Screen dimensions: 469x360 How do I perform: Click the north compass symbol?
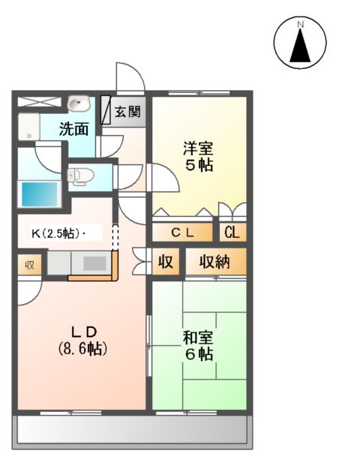(x=300, y=43)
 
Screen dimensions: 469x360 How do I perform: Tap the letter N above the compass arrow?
(x=300, y=26)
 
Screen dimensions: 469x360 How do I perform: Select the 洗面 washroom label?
(x=75, y=128)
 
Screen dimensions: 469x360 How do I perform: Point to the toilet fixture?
(x=79, y=176)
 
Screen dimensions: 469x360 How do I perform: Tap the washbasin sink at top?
(x=78, y=103)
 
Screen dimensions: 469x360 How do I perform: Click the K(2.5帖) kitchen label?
(x=52, y=233)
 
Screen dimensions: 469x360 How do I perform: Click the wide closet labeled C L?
(x=183, y=232)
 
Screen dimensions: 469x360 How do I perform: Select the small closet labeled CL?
(x=232, y=232)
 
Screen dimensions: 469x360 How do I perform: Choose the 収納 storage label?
(x=214, y=263)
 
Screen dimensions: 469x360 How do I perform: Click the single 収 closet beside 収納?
(x=165, y=263)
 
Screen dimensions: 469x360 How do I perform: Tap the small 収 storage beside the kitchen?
(x=30, y=264)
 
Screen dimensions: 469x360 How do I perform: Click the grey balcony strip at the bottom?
(x=130, y=431)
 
